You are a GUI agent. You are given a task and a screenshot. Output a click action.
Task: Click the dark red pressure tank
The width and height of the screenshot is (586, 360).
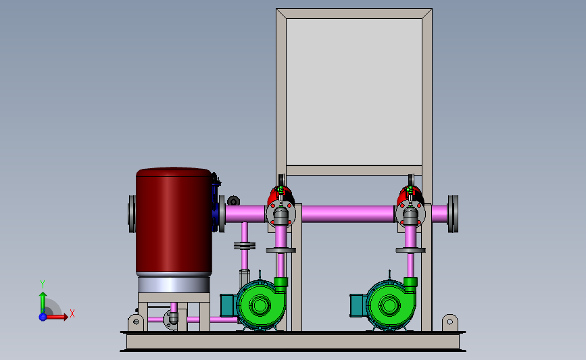click(x=174, y=222)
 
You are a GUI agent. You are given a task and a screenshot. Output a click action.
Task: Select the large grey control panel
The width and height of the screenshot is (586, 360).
click(x=354, y=92)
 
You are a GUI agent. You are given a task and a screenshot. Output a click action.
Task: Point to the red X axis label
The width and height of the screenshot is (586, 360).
click(x=72, y=313)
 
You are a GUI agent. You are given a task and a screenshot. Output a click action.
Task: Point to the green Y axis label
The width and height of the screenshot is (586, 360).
click(x=43, y=284)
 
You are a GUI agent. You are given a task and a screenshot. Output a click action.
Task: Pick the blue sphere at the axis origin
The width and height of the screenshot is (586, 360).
click(x=43, y=317)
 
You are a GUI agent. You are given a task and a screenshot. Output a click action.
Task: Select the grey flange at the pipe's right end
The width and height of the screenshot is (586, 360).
click(x=453, y=214)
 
